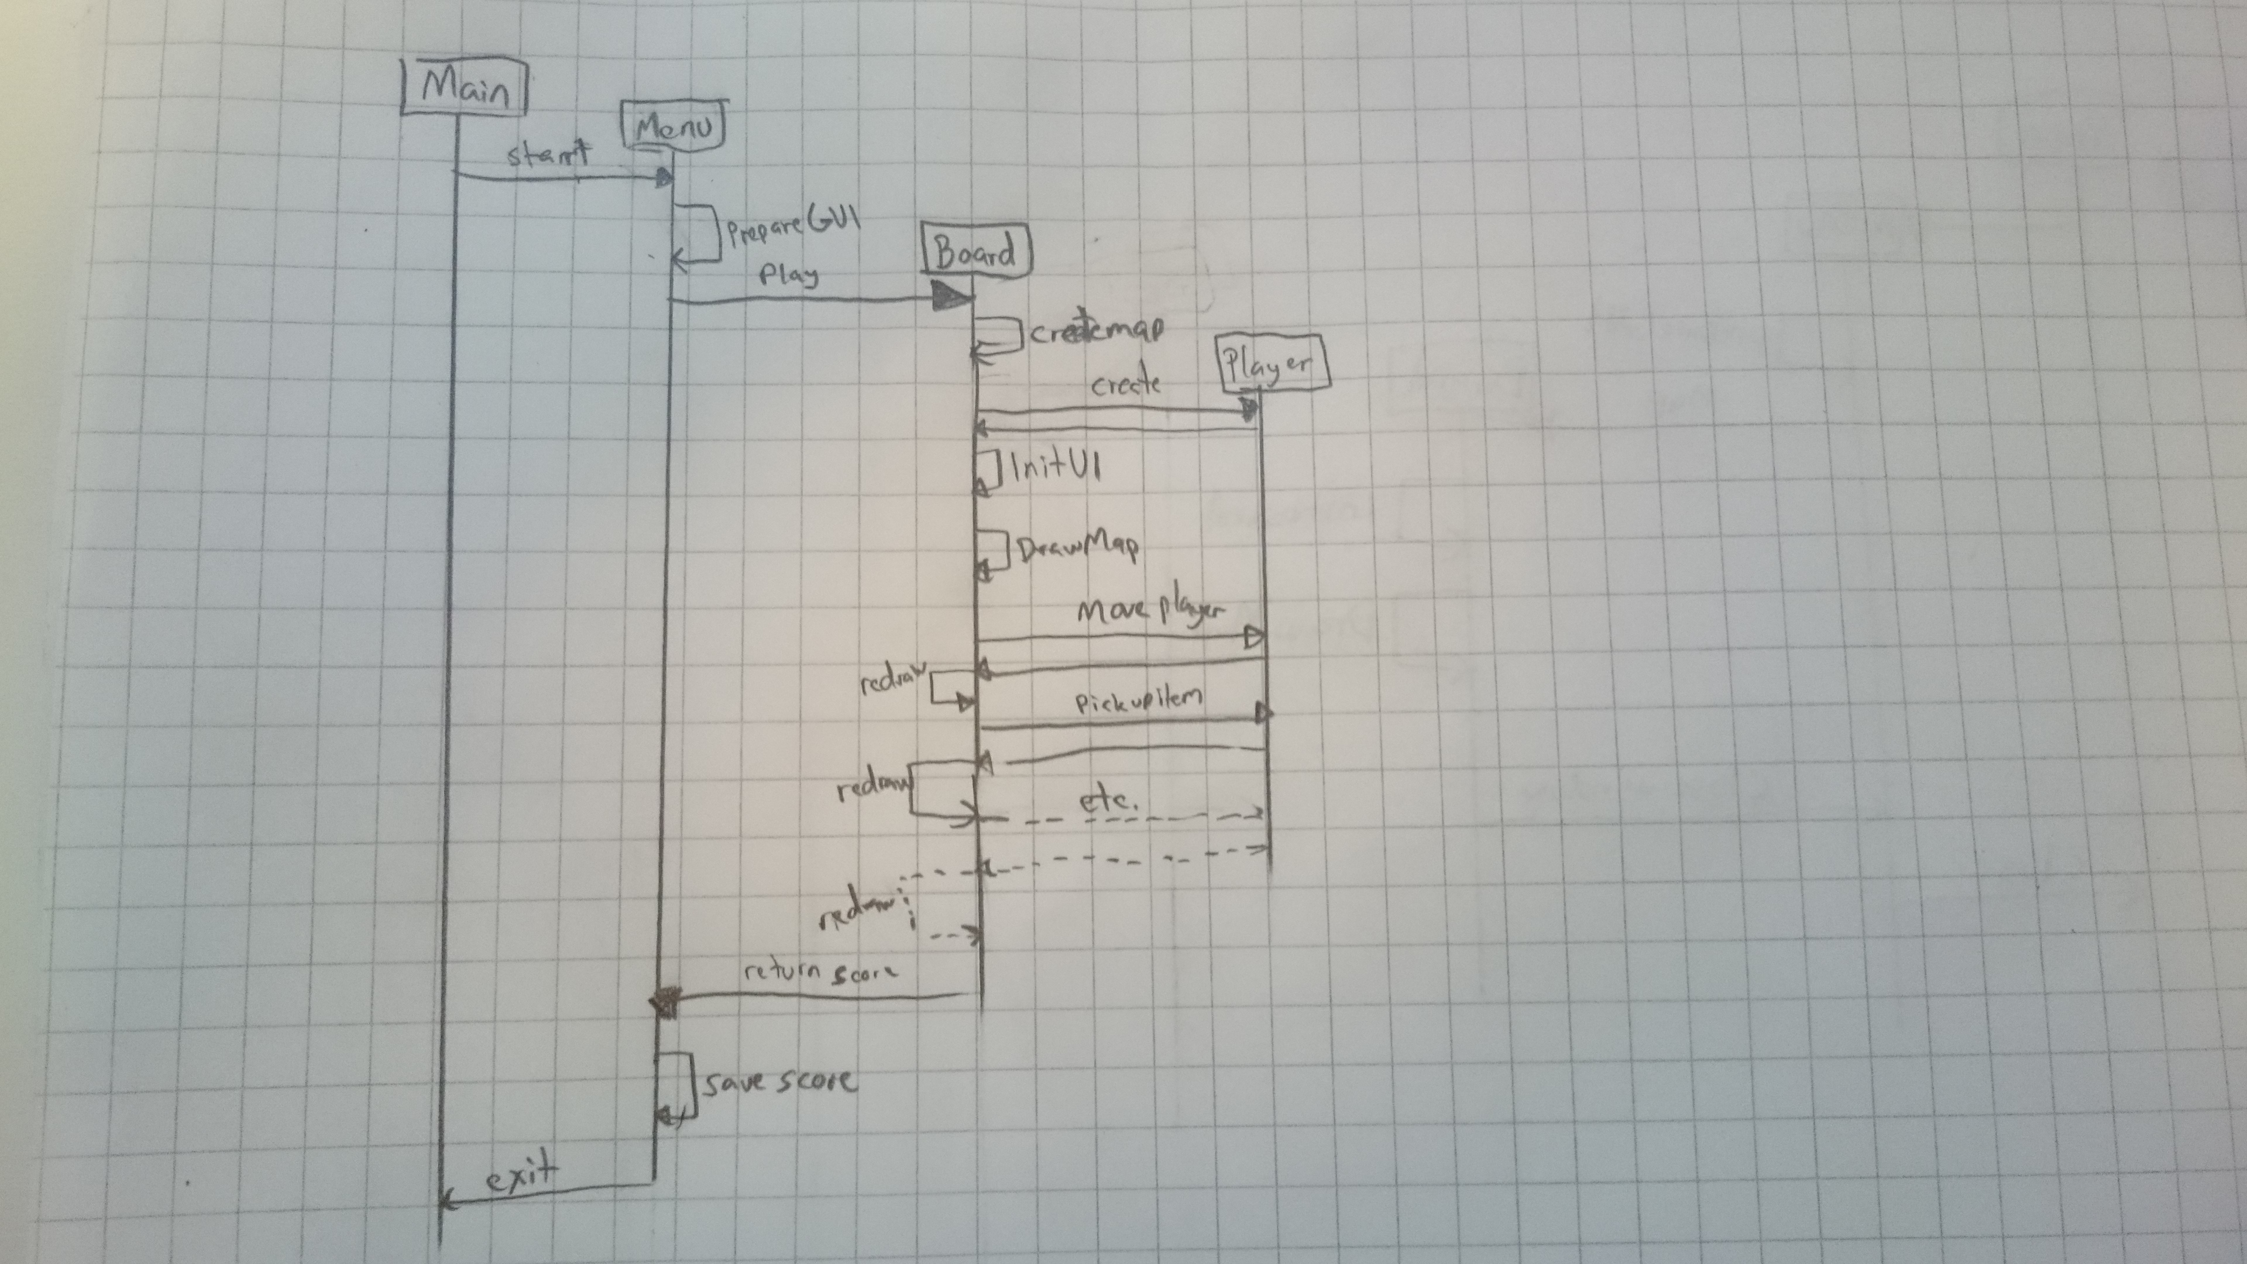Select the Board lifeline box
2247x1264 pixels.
pos(976,253)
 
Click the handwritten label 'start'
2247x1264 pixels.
pos(548,155)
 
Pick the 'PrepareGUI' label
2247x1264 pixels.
pos(793,225)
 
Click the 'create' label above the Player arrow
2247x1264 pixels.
pos(1125,384)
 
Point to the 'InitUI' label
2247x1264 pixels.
pos(1054,468)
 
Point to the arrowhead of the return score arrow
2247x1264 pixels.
pos(665,1003)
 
